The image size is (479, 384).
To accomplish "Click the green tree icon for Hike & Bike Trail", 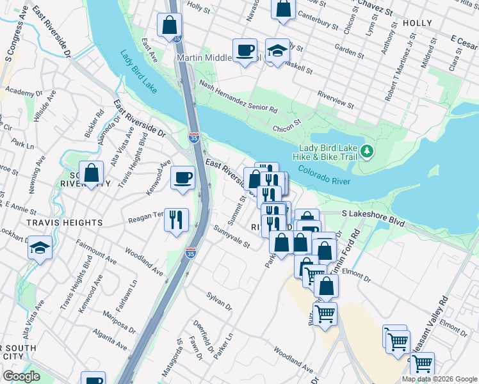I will coord(366,151).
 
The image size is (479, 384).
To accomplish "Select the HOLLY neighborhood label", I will coord(417,22).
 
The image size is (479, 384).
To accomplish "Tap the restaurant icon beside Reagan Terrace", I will coord(175,219).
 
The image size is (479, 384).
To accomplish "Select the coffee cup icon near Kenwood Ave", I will coord(183,177).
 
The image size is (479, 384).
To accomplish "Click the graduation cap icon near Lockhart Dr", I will coord(40,248).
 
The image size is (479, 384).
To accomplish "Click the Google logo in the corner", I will coord(21,376).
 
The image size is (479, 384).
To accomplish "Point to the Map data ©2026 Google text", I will coord(439,379).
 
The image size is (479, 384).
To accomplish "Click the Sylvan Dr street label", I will coord(219,301).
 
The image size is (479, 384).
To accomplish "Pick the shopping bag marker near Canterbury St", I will coord(283,9).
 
